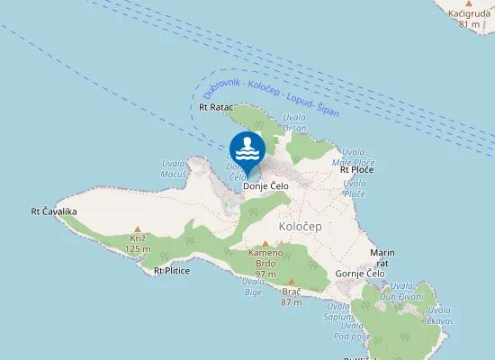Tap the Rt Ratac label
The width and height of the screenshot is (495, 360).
coord(215,107)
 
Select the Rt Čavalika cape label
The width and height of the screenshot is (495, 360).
coord(54,211)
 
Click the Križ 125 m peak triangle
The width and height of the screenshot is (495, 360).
coord(137,229)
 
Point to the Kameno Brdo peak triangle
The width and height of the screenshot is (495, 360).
coord(265,243)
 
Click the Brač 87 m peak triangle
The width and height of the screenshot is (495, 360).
coord(291,282)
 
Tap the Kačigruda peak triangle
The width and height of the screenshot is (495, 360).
coord(468,4)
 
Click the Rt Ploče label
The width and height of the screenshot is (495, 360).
coord(356,169)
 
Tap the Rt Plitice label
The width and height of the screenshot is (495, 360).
coord(172,271)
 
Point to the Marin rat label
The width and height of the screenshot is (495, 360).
coord(382,258)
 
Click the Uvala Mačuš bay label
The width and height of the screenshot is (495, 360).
coord(173,169)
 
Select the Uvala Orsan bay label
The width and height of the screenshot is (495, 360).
coord(294,123)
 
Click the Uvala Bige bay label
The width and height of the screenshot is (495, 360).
coord(254,286)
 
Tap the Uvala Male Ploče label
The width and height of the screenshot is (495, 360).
coord(353,157)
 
